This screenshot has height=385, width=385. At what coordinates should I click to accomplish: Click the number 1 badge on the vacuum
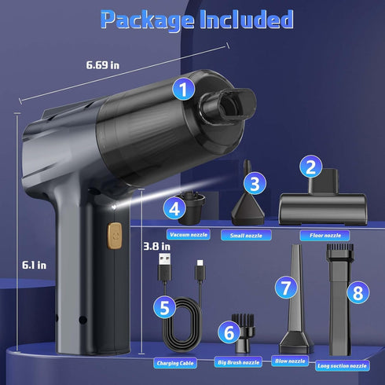pos(183,89)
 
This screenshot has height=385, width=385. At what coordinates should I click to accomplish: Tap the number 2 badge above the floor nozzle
pos(311,167)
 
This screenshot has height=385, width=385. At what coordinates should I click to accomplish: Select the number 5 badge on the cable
pos(164,307)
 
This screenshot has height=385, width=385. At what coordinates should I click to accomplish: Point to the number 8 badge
pos(358,292)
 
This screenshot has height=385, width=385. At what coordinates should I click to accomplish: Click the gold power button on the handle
pos(115,236)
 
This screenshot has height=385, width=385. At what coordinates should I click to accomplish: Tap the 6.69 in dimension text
pos(103,65)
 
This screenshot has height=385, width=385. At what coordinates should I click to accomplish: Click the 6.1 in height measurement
pos(34,266)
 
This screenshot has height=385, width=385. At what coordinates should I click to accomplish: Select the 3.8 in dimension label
pos(156,247)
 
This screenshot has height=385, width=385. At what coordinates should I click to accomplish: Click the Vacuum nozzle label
pos(189,235)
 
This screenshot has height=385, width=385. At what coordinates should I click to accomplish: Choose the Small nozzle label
pos(246,236)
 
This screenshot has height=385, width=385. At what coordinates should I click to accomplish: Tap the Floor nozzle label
pos(324,236)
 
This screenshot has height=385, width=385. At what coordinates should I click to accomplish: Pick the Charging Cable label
pos(175,363)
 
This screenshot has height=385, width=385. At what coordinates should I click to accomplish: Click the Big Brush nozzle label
pos(238,362)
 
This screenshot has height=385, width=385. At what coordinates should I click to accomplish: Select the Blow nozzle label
pos(290,361)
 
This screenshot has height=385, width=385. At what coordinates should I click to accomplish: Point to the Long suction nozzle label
pos(342,365)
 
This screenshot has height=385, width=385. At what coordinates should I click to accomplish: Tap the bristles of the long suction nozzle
pos(340,248)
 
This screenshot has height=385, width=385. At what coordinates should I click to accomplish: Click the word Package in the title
pos(147,20)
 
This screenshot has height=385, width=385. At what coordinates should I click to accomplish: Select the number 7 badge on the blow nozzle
pos(286,288)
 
